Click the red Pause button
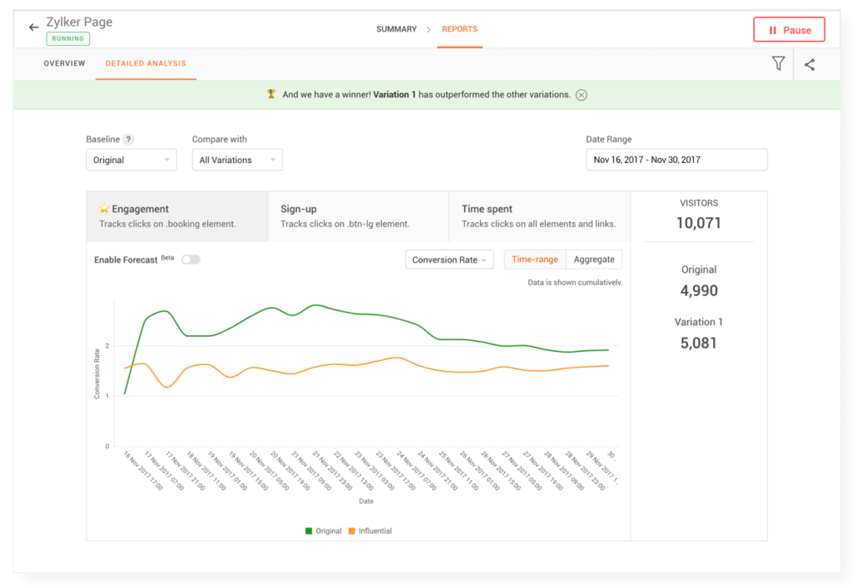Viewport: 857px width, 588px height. [789, 30]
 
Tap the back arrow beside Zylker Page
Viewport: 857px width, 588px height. [33, 27]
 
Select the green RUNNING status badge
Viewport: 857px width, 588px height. [68, 38]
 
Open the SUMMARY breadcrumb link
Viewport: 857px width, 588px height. [396, 29]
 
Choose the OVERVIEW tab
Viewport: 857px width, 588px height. [64, 63]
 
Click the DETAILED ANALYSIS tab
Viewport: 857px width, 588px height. [146, 63]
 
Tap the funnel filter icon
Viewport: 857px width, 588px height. [778, 63]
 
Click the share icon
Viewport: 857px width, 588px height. [810, 64]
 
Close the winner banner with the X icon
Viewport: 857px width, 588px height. [582, 95]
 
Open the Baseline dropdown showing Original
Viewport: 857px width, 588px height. [131, 160]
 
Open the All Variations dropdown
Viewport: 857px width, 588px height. [237, 160]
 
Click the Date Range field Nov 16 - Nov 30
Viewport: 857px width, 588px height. [676, 160]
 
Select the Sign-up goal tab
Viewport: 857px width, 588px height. [358, 216]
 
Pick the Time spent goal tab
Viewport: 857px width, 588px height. [539, 216]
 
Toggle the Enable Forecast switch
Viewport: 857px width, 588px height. [191, 259]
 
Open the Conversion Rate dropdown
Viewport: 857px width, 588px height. [449, 259]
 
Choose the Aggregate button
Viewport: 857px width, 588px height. [594, 259]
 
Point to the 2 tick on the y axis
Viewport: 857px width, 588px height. [107, 345]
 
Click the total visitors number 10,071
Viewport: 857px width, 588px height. [698, 223]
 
